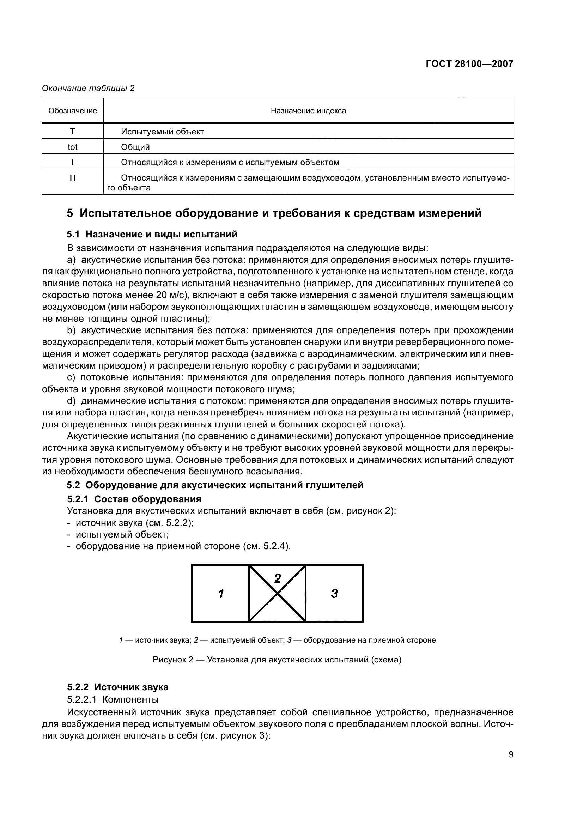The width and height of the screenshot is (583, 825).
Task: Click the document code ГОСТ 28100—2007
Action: point(469,64)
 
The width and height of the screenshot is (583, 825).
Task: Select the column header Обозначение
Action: point(73,111)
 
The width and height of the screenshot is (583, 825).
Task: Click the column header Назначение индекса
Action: point(308,111)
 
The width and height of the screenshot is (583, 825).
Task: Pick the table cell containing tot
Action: point(73,147)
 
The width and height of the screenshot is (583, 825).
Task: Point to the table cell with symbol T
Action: point(73,132)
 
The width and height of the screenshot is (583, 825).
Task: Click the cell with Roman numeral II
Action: point(73,178)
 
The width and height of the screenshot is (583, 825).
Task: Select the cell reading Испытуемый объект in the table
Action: point(162,132)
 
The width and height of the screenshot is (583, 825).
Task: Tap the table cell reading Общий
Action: point(135,147)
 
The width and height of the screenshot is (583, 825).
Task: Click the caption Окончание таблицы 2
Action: point(89,88)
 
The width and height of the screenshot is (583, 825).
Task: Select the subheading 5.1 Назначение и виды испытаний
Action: point(152,234)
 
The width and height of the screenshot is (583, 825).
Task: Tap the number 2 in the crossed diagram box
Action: point(277,578)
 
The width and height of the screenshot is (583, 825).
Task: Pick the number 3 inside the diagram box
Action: point(334,593)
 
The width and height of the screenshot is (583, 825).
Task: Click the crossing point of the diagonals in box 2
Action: point(277,593)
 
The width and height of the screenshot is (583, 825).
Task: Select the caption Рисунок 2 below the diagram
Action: point(277,660)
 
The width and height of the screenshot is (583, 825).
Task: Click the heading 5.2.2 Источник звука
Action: point(117,687)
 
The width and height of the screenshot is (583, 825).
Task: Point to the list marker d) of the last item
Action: point(72,401)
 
